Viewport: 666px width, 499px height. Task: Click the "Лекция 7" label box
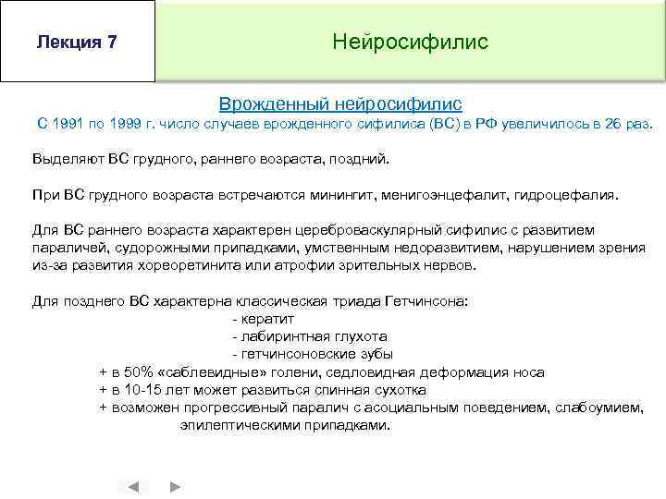tap(77, 43)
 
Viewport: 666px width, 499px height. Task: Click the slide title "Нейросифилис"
tap(410, 43)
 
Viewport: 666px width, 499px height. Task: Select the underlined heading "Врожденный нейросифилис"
tap(339, 104)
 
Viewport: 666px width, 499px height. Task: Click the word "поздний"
tap(360, 159)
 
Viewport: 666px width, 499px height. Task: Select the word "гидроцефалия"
tap(577, 195)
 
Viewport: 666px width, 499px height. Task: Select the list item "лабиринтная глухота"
tap(309, 336)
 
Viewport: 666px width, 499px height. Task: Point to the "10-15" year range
tap(146, 390)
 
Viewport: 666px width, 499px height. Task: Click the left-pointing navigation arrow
tap(133, 485)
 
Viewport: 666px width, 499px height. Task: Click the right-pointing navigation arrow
tap(175, 485)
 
